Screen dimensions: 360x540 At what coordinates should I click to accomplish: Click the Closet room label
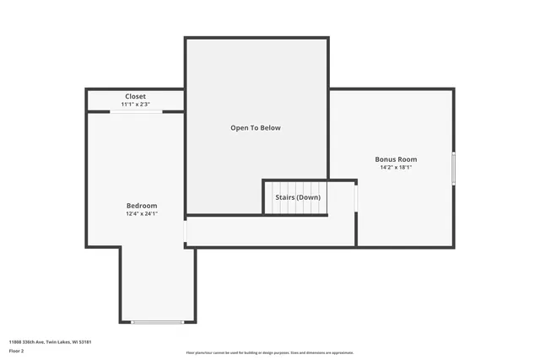tap(135, 97)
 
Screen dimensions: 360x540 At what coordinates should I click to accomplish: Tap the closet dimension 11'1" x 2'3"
tap(135, 105)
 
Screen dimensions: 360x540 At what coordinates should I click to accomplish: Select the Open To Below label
tap(256, 128)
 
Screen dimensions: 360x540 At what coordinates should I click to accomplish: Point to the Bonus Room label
tap(396, 159)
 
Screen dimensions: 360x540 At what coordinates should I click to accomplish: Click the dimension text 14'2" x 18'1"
tap(396, 167)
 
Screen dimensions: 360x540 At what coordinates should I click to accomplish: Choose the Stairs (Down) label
tap(298, 197)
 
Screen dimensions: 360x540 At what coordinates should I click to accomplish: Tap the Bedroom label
tap(142, 206)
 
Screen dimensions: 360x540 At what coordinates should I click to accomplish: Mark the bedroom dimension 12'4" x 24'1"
tap(142, 213)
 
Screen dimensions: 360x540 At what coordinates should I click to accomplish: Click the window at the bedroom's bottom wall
tap(157, 322)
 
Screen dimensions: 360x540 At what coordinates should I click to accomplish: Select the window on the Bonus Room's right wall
tap(453, 169)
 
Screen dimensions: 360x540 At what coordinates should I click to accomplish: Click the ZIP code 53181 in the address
tap(86, 341)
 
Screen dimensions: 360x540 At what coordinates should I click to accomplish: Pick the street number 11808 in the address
tap(15, 341)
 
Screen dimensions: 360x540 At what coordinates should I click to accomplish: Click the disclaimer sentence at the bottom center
tap(269, 352)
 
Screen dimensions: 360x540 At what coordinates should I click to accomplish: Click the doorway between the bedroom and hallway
tap(185, 231)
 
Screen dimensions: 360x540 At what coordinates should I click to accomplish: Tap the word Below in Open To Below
tap(271, 128)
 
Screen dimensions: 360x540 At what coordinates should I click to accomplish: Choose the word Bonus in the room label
tap(386, 159)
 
